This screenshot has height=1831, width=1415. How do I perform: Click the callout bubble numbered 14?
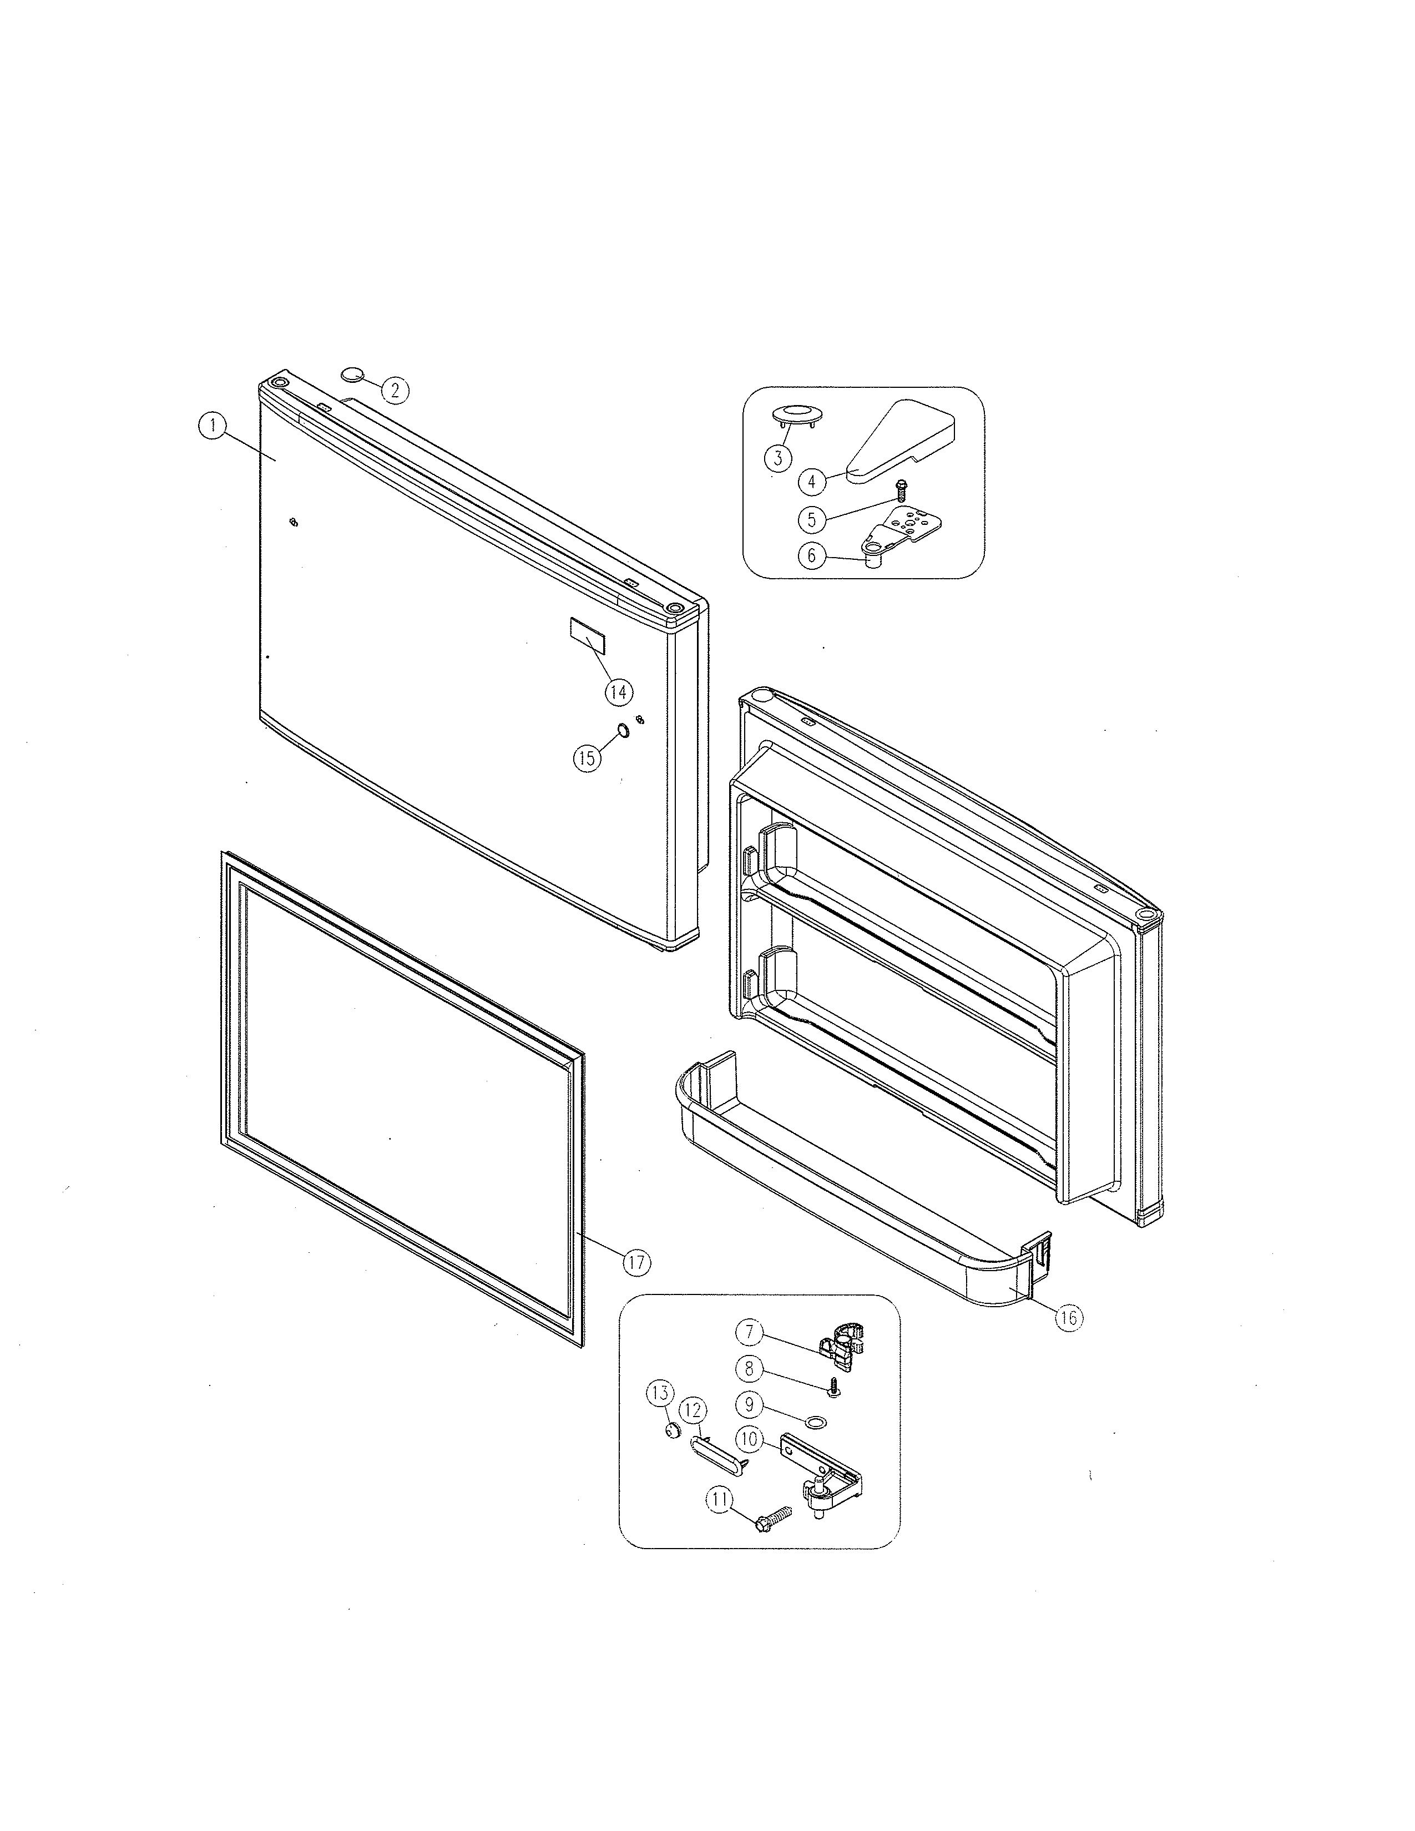click(x=619, y=692)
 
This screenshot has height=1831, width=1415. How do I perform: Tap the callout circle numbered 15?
click(x=587, y=758)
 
